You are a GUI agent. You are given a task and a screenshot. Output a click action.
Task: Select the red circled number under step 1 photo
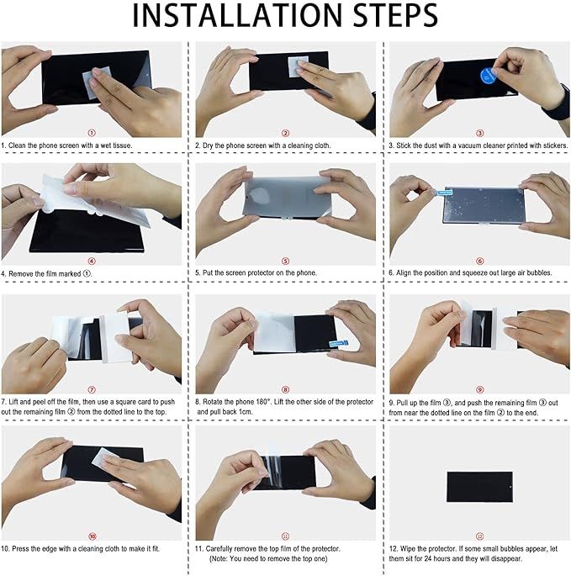tap(92, 133)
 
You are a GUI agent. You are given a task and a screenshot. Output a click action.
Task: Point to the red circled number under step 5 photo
tap(286, 262)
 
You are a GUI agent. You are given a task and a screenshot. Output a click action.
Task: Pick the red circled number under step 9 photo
tap(479, 389)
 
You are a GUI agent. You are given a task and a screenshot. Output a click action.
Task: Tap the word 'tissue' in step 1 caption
tap(122, 145)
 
